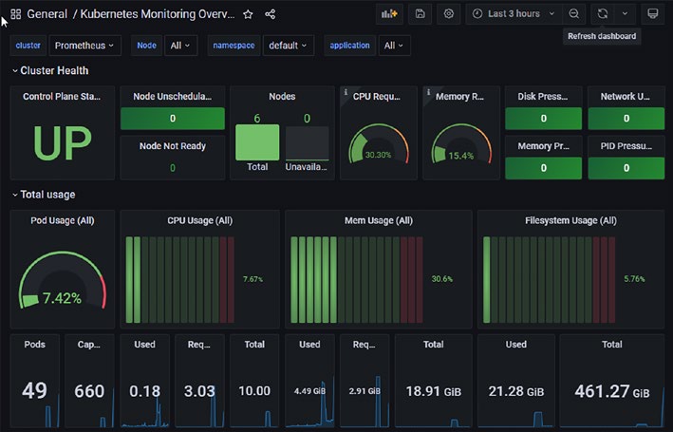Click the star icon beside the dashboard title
point(248,14)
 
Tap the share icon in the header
point(270,14)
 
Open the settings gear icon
point(449,13)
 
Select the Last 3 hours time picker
point(514,13)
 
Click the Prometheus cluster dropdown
point(84,46)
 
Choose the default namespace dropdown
point(288,46)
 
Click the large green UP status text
point(63,143)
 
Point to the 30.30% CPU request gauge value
point(378,155)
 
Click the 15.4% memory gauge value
point(461,156)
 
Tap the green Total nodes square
point(257,142)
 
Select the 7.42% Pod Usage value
point(62,298)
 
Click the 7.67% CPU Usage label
point(252,279)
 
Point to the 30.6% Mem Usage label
point(442,279)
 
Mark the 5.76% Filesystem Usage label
point(634,279)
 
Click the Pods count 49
point(34,390)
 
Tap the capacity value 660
point(89,391)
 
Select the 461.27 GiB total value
point(612,391)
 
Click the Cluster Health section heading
point(54,70)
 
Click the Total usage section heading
point(47,195)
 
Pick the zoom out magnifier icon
point(574,13)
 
